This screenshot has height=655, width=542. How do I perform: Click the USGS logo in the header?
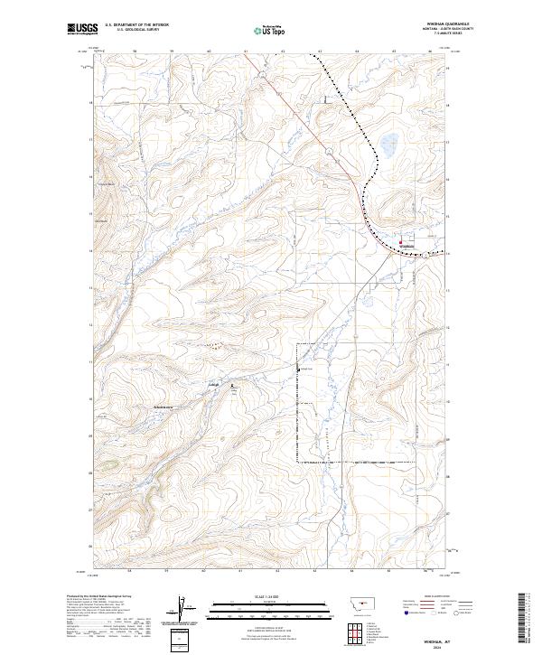(x=82, y=29)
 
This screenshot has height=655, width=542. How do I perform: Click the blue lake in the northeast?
(x=389, y=142)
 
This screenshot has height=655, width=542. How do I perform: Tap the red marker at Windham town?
(x=401, y=241)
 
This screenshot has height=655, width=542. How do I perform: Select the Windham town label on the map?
(x=406, y=247)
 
